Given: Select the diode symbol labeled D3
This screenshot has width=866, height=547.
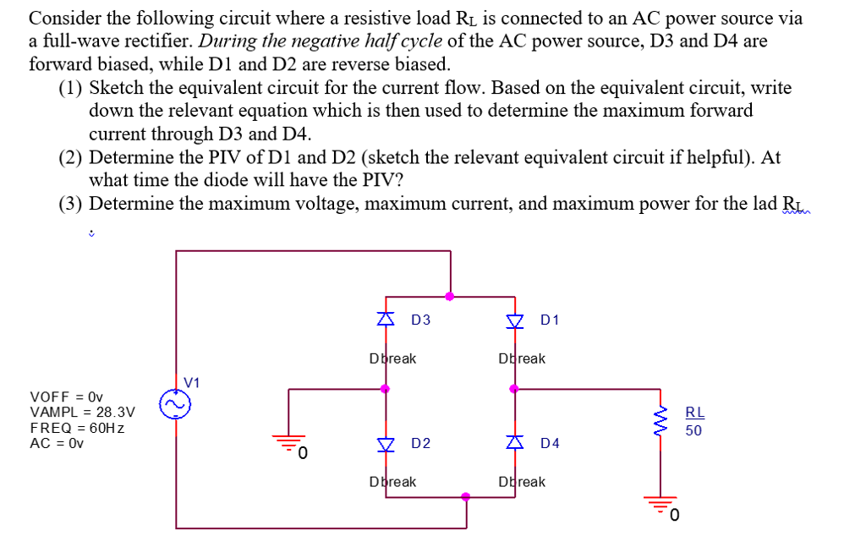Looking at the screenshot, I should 386,320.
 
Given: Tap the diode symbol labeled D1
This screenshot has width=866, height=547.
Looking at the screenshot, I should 515,320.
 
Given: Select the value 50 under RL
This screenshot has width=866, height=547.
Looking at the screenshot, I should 693,430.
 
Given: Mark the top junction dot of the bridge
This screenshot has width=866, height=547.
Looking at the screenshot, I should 450,296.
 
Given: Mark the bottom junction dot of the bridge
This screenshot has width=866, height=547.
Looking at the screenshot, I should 466,497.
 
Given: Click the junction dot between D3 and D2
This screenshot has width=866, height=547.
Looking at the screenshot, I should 386,389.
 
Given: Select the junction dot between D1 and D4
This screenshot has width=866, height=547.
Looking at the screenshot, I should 513,389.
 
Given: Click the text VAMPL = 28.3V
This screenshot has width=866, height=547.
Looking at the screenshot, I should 81,412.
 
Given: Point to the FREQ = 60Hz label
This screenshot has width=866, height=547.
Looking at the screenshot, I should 78,428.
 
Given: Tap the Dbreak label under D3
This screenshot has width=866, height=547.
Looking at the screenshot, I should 392,358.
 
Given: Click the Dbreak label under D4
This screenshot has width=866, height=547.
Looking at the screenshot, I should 522,482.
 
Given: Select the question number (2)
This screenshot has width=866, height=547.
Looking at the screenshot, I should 71,157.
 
